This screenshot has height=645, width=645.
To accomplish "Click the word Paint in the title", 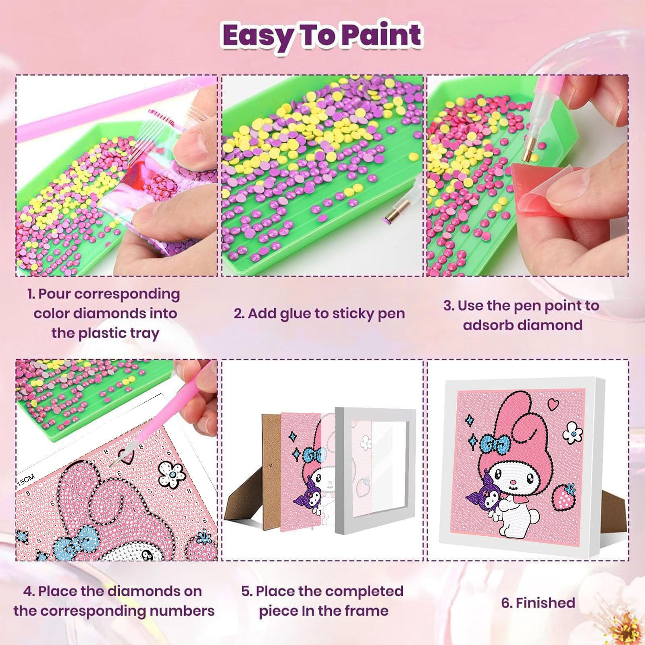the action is [381, 35].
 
